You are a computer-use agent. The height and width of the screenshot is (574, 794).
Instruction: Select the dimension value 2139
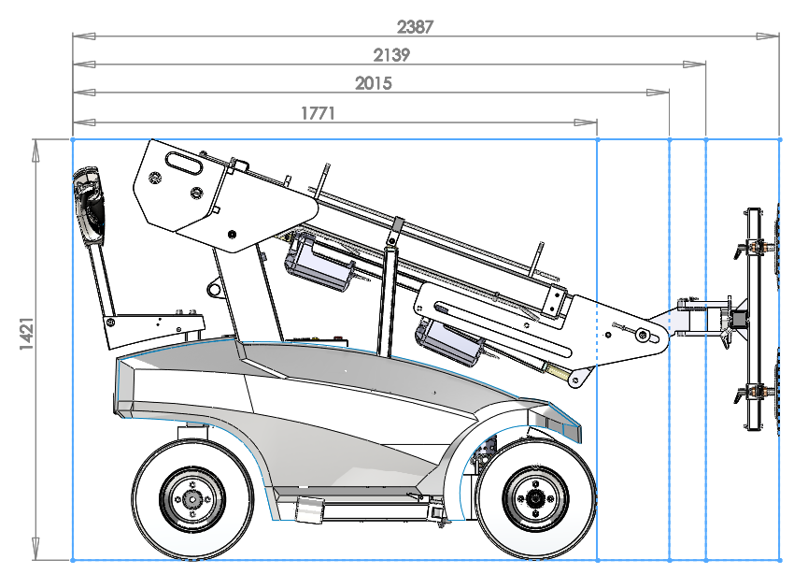pyautogui.click(x=391, y=55)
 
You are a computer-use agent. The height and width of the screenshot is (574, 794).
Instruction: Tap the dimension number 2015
pyautogui.click(x=374, y=83)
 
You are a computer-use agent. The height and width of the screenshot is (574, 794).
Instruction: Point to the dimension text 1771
pyautogui.click(x=318, y=113)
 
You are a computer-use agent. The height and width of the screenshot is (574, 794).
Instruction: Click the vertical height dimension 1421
pyautogui.click(x=27, y=333)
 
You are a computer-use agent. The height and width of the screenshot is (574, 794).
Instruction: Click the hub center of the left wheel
pyautogui.click(x=191, y=498)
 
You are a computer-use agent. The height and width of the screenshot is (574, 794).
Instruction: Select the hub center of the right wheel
pyautogui.click(x=535, y=498)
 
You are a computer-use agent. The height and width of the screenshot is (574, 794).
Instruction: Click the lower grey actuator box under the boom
pyautogui.click(x=450, y=343)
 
